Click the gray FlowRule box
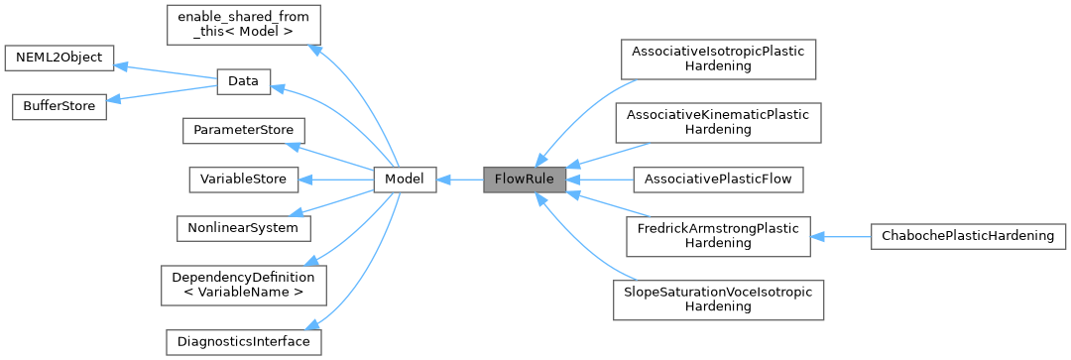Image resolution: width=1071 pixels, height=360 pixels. [525, 180]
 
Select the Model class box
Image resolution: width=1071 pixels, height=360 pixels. [405, 180]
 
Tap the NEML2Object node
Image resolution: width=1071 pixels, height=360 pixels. [59, 58]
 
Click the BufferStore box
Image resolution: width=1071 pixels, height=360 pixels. [59, 107]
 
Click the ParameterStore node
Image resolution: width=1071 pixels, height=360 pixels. [243, 131]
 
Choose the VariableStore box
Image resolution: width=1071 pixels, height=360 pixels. [243, 180]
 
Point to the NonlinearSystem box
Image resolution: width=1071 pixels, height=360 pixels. [243, 227]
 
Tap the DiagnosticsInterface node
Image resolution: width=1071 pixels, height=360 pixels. [243, 341]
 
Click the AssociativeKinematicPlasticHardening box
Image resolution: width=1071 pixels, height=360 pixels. [718, 122]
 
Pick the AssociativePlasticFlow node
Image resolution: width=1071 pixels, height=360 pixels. [718, 180]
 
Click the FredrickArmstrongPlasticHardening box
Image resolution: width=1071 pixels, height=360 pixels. [718, 236]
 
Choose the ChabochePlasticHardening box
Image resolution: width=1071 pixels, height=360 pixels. [967, 236]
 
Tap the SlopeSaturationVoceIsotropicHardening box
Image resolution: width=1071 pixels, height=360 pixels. [718, 300]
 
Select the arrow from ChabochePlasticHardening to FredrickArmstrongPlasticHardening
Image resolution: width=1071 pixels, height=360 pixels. [840, 236]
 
